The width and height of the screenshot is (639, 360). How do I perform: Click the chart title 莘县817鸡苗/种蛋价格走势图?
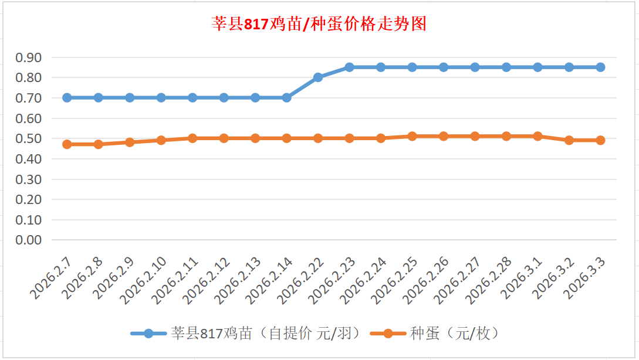[x=319, y=24]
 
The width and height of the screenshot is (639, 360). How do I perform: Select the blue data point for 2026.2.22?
[x=318, y=77]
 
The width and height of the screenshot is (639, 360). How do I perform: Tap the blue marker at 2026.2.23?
[x=350, y=67]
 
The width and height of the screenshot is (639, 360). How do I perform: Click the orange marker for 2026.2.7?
[x=67, y=144]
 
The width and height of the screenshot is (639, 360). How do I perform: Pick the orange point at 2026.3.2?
[x=569, y=140]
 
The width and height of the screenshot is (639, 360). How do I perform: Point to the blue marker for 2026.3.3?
[x=600, y=67]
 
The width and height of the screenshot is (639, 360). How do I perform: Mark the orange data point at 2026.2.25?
[x=413, y=136]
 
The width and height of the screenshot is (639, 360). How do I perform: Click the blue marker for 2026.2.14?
[x=287, y=98]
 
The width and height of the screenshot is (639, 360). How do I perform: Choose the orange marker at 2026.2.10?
[x=161, y=140]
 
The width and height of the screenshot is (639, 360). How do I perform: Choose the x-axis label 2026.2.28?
[x=489, y=279]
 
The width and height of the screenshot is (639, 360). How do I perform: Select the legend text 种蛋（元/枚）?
[x=454, y=334]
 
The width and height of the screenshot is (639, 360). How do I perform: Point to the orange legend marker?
[x=388, y=334]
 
